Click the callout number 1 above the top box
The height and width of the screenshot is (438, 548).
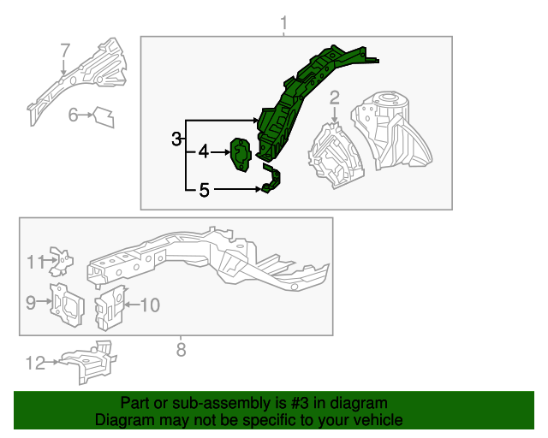point(283,23)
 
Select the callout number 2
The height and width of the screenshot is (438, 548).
point(335,98)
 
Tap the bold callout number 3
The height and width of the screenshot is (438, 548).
point(176,139)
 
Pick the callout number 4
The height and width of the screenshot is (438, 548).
point(204,152)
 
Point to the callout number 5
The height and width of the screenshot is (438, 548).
point(204,191)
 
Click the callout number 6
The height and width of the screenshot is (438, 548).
point(73,115)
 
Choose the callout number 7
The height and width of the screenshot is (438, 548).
point(65,50)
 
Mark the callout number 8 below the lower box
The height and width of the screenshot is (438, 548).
point(181,350)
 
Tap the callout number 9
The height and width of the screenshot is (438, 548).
point(31,303)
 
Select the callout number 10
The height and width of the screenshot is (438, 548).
point(151,305)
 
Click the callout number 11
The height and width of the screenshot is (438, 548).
point(36,262)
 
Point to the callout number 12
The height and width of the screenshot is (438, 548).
point(35,364)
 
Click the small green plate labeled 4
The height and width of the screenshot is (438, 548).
point(241,155)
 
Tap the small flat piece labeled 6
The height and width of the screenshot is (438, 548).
point(104,117)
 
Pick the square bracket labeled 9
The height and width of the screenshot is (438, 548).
point(67,305)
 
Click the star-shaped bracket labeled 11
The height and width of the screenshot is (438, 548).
point(62,261)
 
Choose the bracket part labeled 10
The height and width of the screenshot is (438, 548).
point(110,307)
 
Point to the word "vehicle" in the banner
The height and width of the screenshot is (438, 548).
point(380,420)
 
